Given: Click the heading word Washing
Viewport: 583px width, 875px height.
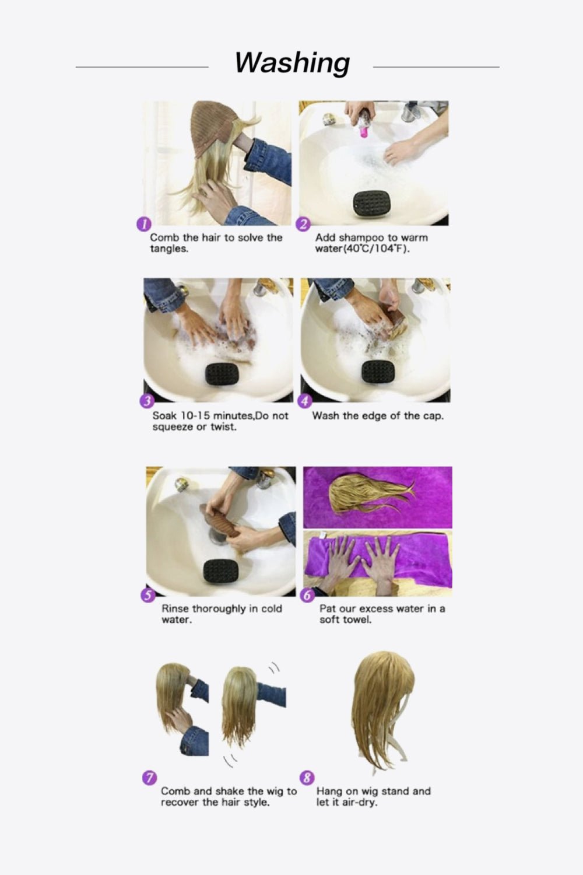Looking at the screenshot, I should coord(292,63).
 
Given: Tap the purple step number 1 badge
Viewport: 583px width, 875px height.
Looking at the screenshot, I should coord(143,224).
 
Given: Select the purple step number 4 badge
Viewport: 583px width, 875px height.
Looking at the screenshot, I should coord(304,401).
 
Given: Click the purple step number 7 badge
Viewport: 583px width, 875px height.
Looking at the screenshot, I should coord(150,778).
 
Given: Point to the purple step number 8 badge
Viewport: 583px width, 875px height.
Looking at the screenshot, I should coord(307,778).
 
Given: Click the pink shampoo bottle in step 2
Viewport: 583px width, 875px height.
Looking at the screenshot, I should coord(364,125).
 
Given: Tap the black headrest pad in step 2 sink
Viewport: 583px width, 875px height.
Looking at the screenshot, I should coord(373,204).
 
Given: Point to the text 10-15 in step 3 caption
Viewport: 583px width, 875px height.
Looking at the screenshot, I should coord(195,416).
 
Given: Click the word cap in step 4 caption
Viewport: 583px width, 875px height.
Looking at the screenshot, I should coord(431,416).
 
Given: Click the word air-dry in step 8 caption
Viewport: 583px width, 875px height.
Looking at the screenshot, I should coord(359,803).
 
